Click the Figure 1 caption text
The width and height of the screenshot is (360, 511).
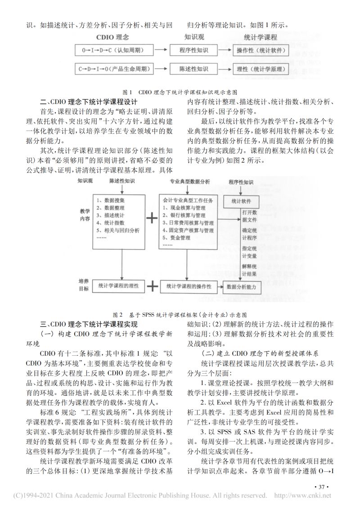[x=180, y=90]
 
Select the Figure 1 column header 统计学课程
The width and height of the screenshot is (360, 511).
[x=261, y=37]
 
